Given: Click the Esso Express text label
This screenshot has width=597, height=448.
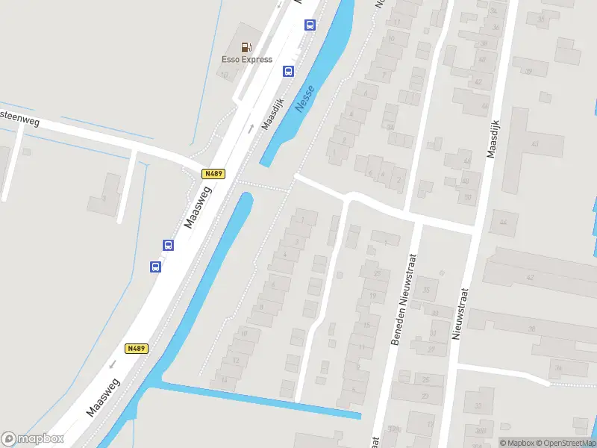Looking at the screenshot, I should (246, 60).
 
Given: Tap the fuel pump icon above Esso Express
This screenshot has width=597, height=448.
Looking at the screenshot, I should (246, 46).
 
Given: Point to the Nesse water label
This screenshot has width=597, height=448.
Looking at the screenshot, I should (305, 99).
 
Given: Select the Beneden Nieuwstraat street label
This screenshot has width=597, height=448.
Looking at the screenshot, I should (404, 299).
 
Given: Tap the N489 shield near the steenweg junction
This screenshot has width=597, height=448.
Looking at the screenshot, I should (213, 174).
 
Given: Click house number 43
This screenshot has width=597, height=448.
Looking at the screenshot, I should (534, 143).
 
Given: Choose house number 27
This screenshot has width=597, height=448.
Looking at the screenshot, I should (431, 349).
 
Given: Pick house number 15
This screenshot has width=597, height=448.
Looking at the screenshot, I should (366, 326).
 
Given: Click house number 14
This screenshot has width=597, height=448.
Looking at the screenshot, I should (223, 381).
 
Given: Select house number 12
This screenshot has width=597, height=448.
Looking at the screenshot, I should (237, 360).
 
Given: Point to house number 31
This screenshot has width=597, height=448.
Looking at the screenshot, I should (433, 332).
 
